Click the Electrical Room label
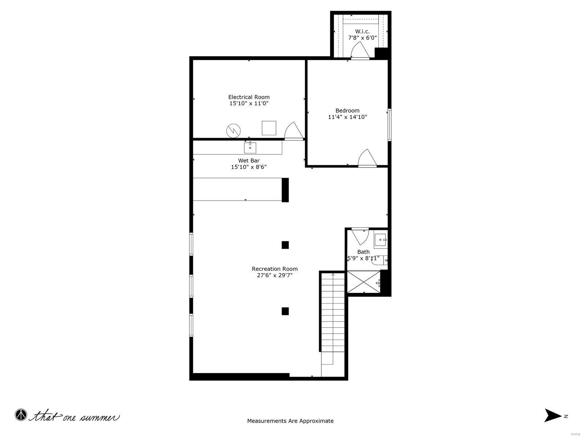coord(249,97)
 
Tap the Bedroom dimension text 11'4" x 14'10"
coord(348,117)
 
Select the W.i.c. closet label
coord(362,31)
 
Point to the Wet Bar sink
coord(250,148)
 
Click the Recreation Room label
coord(275,269)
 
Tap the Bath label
coord(363,252)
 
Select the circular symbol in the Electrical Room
coord(233,130)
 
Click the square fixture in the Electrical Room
coord(269,128)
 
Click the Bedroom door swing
coord(366,158)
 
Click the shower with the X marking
coord(363,282)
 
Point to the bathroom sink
coord(381,240)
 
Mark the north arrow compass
coord(553,416)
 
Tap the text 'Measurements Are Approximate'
coord(290,421)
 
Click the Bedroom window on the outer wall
coord(389,125)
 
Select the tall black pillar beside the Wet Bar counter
coord(285,190)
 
